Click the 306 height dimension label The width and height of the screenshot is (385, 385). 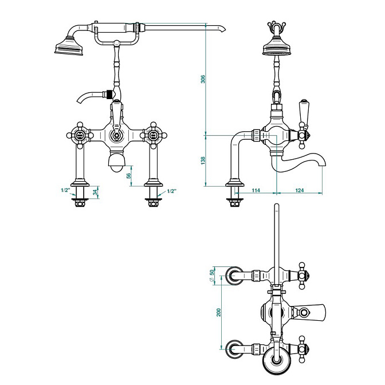203,79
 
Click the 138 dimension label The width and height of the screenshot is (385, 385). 203,160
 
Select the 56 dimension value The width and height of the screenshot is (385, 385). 129,176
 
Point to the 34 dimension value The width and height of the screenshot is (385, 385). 95,192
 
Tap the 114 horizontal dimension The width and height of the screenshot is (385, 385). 256,190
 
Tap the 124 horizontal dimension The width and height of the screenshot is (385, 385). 299,190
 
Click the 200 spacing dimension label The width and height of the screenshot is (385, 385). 219,312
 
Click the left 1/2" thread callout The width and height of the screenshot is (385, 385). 65,190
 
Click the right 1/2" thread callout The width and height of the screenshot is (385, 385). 172,191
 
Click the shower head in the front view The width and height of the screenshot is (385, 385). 69,46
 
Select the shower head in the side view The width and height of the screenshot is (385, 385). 277,46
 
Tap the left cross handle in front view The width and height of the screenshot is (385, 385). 80,135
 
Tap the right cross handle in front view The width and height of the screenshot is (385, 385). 154,135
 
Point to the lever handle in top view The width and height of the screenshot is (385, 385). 309,312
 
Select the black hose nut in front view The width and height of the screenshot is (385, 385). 109,95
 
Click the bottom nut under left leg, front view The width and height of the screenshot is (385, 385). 80,203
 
